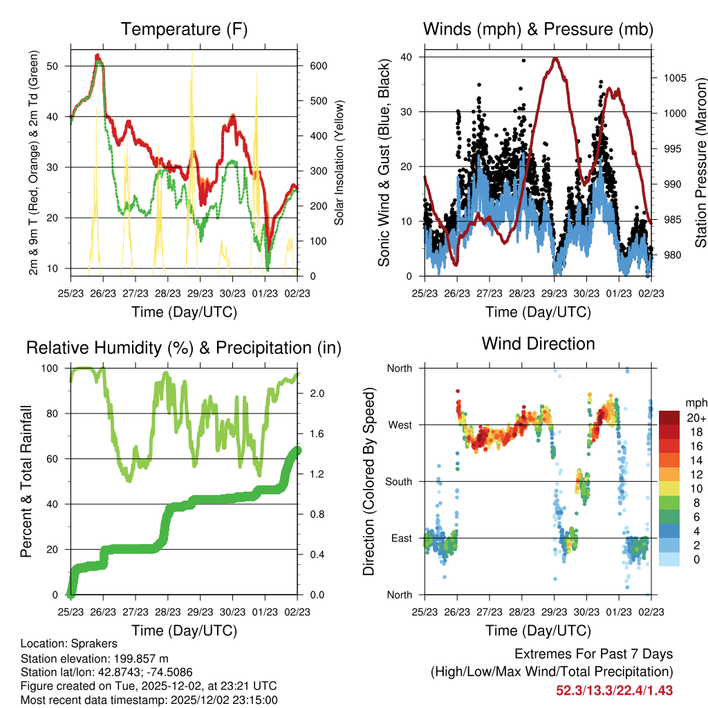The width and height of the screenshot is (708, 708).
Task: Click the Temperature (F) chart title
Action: point(184,29)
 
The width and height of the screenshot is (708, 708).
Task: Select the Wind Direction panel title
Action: point(538,344)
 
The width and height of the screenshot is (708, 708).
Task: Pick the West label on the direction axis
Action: point(400,425)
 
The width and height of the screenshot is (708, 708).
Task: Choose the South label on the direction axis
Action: point(398,481)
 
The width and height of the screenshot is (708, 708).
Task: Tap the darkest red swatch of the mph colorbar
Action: point(669,418)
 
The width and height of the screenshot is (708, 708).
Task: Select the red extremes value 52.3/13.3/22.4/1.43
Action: point(614,690)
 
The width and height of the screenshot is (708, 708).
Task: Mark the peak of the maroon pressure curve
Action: point(555,58)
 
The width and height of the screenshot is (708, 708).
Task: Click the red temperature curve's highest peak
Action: point(97,55)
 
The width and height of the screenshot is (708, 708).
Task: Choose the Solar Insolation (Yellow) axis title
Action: point(339,163)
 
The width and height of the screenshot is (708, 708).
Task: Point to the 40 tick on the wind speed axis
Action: point(409,57)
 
